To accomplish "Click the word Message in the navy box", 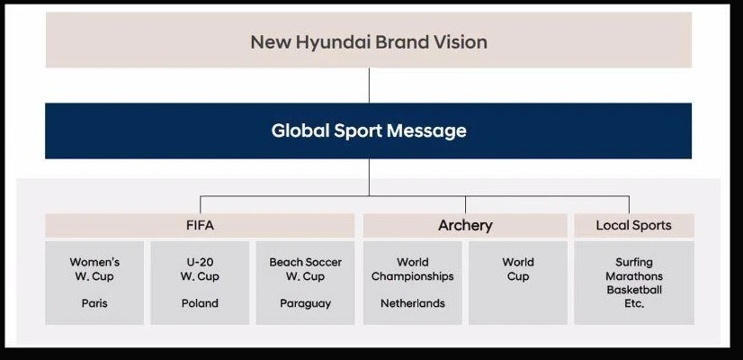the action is tap(426, 130).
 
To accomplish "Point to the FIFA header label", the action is tap(200, 225).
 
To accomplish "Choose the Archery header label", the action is tap(465, 226).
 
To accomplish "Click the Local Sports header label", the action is tap(633, 225).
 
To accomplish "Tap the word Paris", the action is tap(94, 303).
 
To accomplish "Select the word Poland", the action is tap(200, 303).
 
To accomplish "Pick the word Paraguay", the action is tap(305, 303).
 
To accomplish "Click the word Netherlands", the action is tap(413, 303).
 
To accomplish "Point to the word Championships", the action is tap(412, 276).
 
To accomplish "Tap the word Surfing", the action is tap(634, 262).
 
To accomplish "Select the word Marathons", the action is tap(634, 276).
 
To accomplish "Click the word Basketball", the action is tap(634, 290).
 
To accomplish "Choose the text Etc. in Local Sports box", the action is tap(634, 303).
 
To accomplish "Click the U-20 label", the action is tap(200, 262).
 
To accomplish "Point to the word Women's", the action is tap(94, 262).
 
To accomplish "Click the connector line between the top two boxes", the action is tap(369, 85).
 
